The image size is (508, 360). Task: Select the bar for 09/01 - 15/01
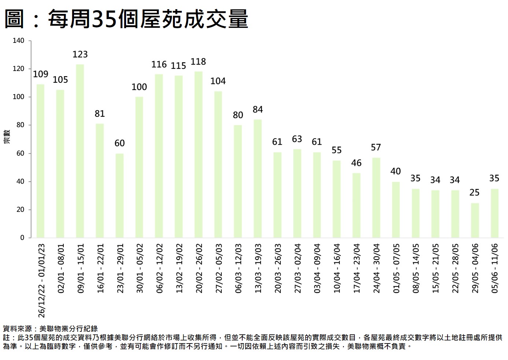(x=80, y=151)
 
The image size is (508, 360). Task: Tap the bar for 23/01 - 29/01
(x=119, y=196)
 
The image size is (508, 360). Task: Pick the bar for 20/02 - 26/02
(x=198, y=155)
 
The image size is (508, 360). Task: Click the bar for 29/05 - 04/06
(x=475, y=220)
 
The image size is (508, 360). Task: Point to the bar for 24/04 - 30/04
(x=376, y=198)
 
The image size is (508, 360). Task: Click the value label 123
(x=80, y=55)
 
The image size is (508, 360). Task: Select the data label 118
(x=198, y=62)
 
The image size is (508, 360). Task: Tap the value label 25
(x=475, y=193)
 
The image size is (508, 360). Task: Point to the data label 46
(x=356, y=163)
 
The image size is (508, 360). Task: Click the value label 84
(x=258, y=110)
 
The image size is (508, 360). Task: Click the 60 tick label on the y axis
(x=20, y=153)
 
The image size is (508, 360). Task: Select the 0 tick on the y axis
(x=22, y=238)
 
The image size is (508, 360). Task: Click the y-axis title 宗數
(x=7, y=137)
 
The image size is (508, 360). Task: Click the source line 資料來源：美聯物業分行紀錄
(x=50, y=329)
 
